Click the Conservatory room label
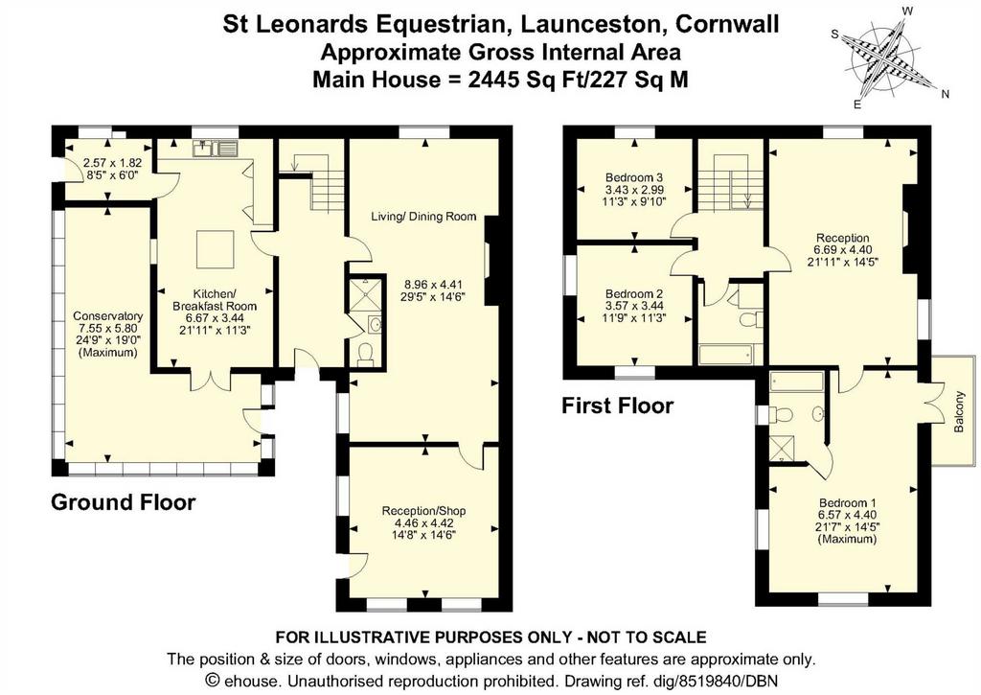107,316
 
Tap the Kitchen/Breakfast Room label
215,300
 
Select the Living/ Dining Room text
423,217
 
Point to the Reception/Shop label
424,511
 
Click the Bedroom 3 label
634,177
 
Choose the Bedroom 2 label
634,294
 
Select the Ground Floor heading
124,502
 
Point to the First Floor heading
618,405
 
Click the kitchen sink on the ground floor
216,149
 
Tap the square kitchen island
216,249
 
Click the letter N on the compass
946,95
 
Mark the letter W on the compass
908,11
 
